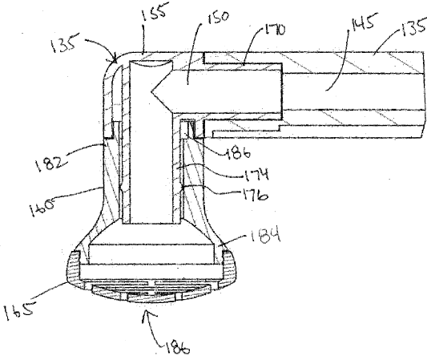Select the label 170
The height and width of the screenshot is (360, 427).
(274, 30)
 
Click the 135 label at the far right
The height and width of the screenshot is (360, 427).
(414, 28)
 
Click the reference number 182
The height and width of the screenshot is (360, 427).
(51, 163)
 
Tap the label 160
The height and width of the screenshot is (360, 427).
(42, 206)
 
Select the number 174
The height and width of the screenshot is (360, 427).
(256, 174)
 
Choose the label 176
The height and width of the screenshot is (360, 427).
(256, 195)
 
